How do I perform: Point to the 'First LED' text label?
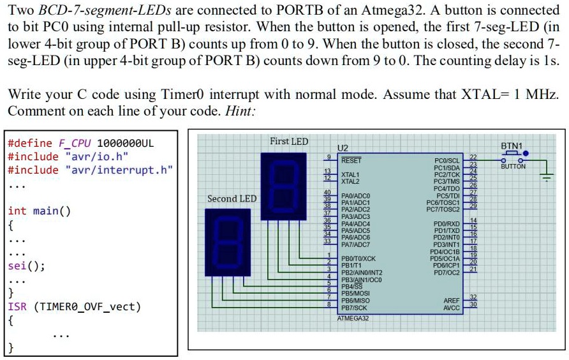[x=288, y=141]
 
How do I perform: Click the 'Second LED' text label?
[x=232, y=199]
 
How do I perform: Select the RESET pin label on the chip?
[x=351, y=161]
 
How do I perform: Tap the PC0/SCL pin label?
[x=447, y=161]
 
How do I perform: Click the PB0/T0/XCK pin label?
[x=358, y=259]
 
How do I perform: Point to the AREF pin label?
[x=452, y=300]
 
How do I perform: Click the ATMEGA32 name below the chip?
[x=353, y=317]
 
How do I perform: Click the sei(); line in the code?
[x=26, y=266]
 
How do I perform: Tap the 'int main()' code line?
[x=39, y=211]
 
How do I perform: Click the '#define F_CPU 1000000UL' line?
[x=80, y=142]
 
